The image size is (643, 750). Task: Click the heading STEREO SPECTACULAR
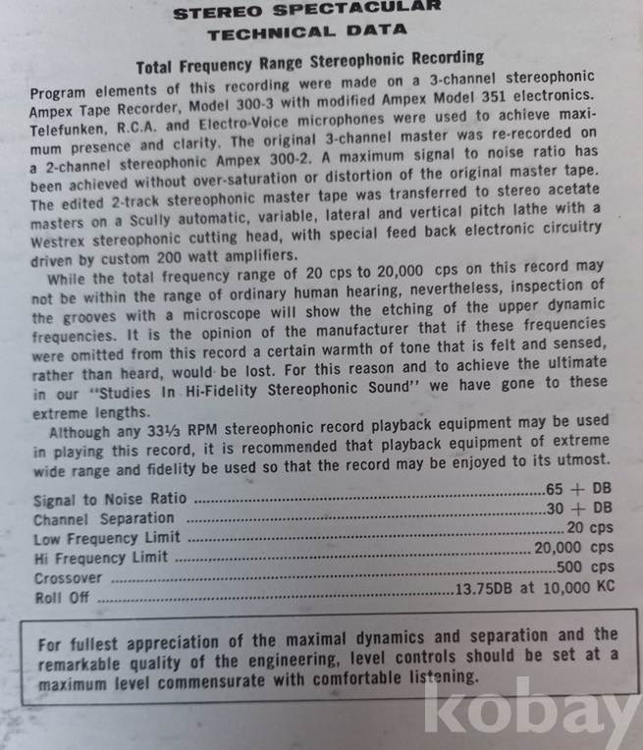tap(306, 12)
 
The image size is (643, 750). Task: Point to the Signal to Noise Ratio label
tap(110, 499)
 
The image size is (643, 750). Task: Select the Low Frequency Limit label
tap(107, 538)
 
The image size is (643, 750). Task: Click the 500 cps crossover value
tap(585, 567)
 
